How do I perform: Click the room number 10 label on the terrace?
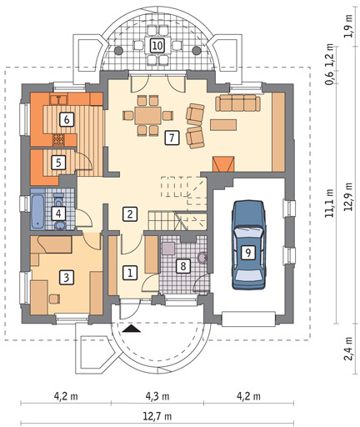[157, 45]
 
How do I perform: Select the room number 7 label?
[172, 138]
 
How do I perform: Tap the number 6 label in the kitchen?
[67, 119]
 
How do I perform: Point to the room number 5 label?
[58, 162]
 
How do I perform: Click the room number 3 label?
[67, 277]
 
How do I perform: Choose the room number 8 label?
[183, 266]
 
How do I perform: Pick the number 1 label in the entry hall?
[130, 273]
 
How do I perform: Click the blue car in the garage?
[248, 245]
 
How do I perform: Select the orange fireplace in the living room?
[223, 163]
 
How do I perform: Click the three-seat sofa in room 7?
[237, 103]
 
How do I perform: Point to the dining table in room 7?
[147, 115]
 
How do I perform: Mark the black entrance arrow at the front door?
[132, 329]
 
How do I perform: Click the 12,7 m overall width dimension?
[157, 416]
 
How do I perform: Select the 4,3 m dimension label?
[157, 395]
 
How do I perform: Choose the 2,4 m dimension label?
[348, 349]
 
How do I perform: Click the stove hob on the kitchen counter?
[58, 140]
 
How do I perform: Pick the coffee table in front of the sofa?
[223, 124]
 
